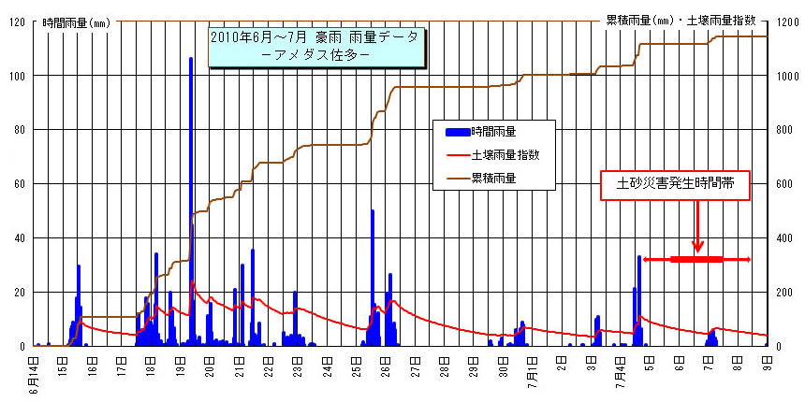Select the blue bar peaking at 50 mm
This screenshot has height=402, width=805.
(373, 271)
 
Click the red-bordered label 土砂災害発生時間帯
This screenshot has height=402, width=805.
(674, 186)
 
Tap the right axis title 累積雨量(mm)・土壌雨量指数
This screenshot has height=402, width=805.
(694, 19)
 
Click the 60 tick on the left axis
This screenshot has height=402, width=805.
(20, 184)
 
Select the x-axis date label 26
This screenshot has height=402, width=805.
(386, 372)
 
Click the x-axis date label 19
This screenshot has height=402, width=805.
(180, 372)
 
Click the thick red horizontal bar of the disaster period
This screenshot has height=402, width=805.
(696, 259)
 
